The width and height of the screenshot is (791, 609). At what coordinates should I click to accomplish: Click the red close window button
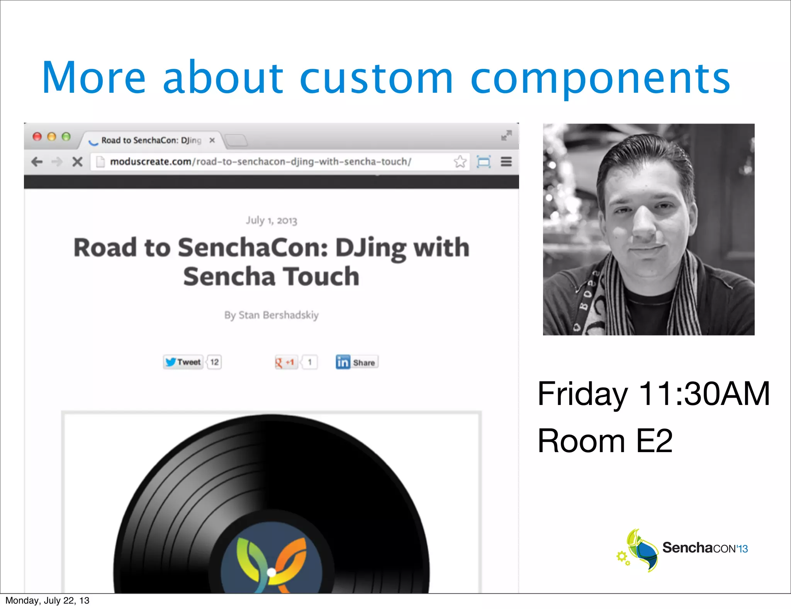pyautogui.click(x=37, y=137)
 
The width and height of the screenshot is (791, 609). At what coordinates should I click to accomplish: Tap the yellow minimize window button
pyautogui.click(x=52, y=137)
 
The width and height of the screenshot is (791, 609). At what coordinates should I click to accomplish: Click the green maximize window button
pyautogui.click(x=66, y=137)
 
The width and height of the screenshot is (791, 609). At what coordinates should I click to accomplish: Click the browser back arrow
pyautogui.click(x=37, y=162)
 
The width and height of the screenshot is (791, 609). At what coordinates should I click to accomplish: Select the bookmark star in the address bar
pyautogui.click(x=460, y=162)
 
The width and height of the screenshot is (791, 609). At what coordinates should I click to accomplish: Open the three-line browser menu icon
pyautogui.click(x=506, y=162)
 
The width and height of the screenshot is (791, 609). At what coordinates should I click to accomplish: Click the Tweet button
pyautogui.click(x=183, y=362)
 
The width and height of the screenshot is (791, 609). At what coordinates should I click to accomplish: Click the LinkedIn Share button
pyautogui.click(x=357, y=362)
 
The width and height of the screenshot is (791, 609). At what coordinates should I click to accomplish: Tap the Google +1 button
pyautogui.click(x=285, y=362)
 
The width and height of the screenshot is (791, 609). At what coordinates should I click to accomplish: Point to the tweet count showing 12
pyautogui.click(x=214, y=362)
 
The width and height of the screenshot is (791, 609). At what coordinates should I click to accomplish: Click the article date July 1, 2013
pyautogui.click(x=272, y=220)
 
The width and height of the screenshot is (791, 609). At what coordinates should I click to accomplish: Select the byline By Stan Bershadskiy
pyautogui.click(x=272, y=315)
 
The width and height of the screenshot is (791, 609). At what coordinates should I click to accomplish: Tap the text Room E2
pyautogui.click(x=605, y=441)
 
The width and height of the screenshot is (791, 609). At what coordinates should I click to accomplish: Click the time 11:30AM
pyautogui.click(x=704, y=394)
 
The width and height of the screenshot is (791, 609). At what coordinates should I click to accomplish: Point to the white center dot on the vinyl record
pyautogui.click(x=272, y=572)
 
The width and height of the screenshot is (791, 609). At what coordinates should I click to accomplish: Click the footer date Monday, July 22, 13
pyautogui.click(x=47, y=600)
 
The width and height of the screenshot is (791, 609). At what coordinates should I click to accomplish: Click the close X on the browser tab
pyautogui.click(x=212, y=140)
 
